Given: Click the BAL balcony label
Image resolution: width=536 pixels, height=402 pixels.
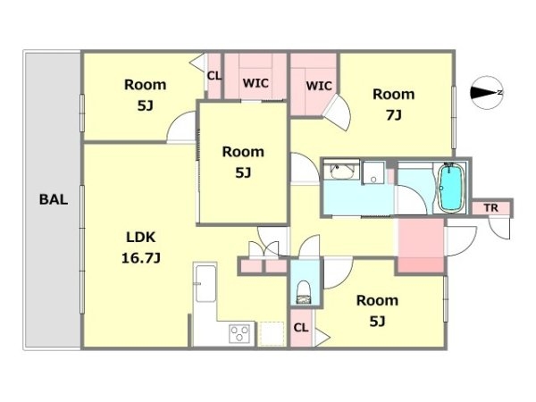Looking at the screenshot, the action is click(x=54, y=199).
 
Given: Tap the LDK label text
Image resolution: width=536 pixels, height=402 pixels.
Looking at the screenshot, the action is click(x=141, y=237).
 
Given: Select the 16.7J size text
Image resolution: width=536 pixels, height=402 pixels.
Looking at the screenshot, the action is click(x=141, y=258).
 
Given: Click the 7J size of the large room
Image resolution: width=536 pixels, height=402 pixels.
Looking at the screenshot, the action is click(x=393, y=115).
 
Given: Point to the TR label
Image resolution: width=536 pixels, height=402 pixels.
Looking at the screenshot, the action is click(x=490, y=207).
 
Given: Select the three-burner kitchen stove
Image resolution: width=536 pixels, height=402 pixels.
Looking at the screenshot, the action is click(x=239, y=333).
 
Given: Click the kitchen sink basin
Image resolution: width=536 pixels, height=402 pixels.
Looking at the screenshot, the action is click(x=205, y=284).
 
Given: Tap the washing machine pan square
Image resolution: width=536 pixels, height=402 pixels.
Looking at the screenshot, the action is click(x=373, y=173).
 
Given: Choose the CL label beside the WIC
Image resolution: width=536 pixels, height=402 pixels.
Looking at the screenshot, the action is click(x=214, y=76).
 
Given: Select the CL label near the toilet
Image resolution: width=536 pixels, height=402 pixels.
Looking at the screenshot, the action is click(x=301, y=328).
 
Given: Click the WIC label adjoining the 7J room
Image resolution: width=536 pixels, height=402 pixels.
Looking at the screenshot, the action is click(x=319, y=86).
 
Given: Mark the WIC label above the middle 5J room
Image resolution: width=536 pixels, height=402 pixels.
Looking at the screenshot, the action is click(x=255, y=83).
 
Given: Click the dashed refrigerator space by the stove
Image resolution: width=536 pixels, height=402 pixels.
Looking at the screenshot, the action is click(x=272, y=333).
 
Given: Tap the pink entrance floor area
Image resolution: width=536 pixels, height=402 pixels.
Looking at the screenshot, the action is click(x=421, y=246).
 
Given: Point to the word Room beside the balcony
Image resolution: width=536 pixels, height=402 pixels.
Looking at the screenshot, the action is click(x=146, y=85).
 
